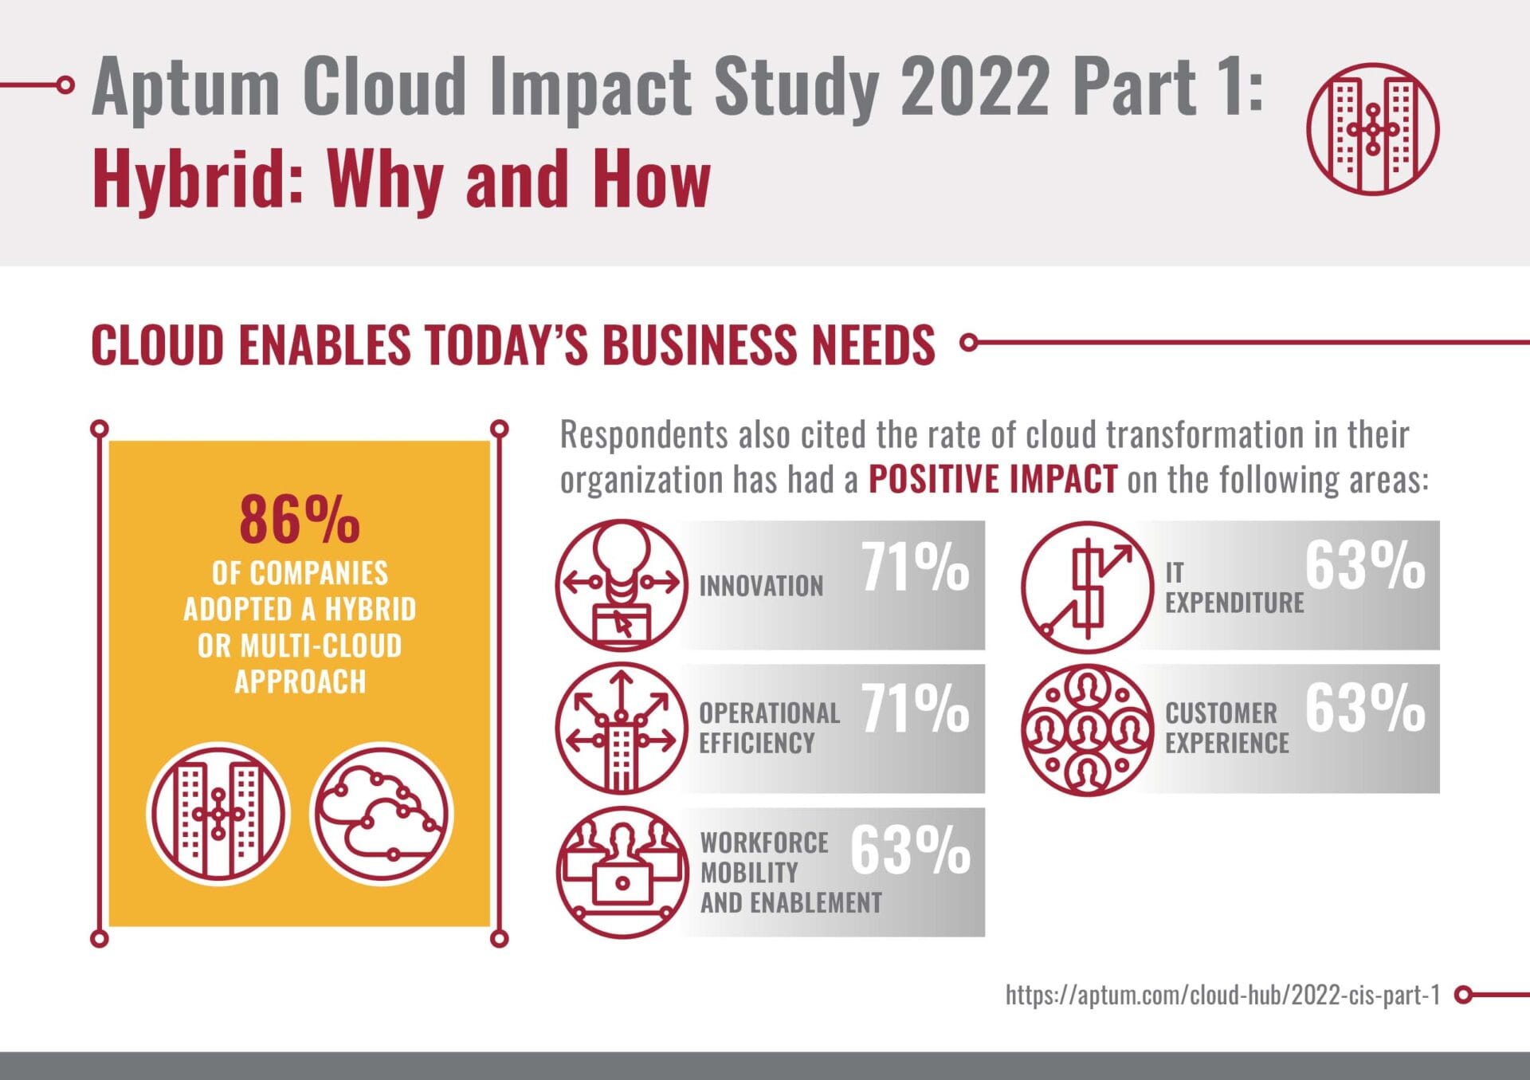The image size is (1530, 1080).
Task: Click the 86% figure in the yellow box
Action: click(x=299, y=519)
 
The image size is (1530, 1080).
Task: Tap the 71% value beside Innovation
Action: click(x=915, y=567)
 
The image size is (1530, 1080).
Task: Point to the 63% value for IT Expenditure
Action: click(x=1364, y=566)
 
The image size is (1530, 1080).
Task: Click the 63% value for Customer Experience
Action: click(x=1364, y=708)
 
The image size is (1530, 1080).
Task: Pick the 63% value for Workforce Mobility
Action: click(x=910, y=850)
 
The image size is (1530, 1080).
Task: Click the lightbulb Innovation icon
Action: click(x=622, y=586)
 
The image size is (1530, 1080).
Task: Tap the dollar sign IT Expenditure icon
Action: click(x=1087, y=587)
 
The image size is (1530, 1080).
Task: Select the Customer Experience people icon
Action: click(x=1087, y=729)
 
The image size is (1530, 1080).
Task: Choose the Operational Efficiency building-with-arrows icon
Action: click(x=622, y=729)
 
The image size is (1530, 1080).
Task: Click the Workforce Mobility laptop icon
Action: click(x=622, y=872)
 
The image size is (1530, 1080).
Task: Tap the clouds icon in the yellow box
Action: click(x=381, y=814)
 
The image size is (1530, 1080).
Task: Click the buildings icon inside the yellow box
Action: click(x=218, y=814)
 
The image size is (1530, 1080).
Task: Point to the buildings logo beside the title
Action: click(x=1372, y=129)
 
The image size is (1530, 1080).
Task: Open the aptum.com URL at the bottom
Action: click(x=1222, y=995)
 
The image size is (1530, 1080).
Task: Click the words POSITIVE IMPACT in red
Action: click(x=992, y=480)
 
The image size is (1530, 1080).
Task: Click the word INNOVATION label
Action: click(x=761, y=587)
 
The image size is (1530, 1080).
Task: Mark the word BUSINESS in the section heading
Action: click(x=699, y=345)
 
